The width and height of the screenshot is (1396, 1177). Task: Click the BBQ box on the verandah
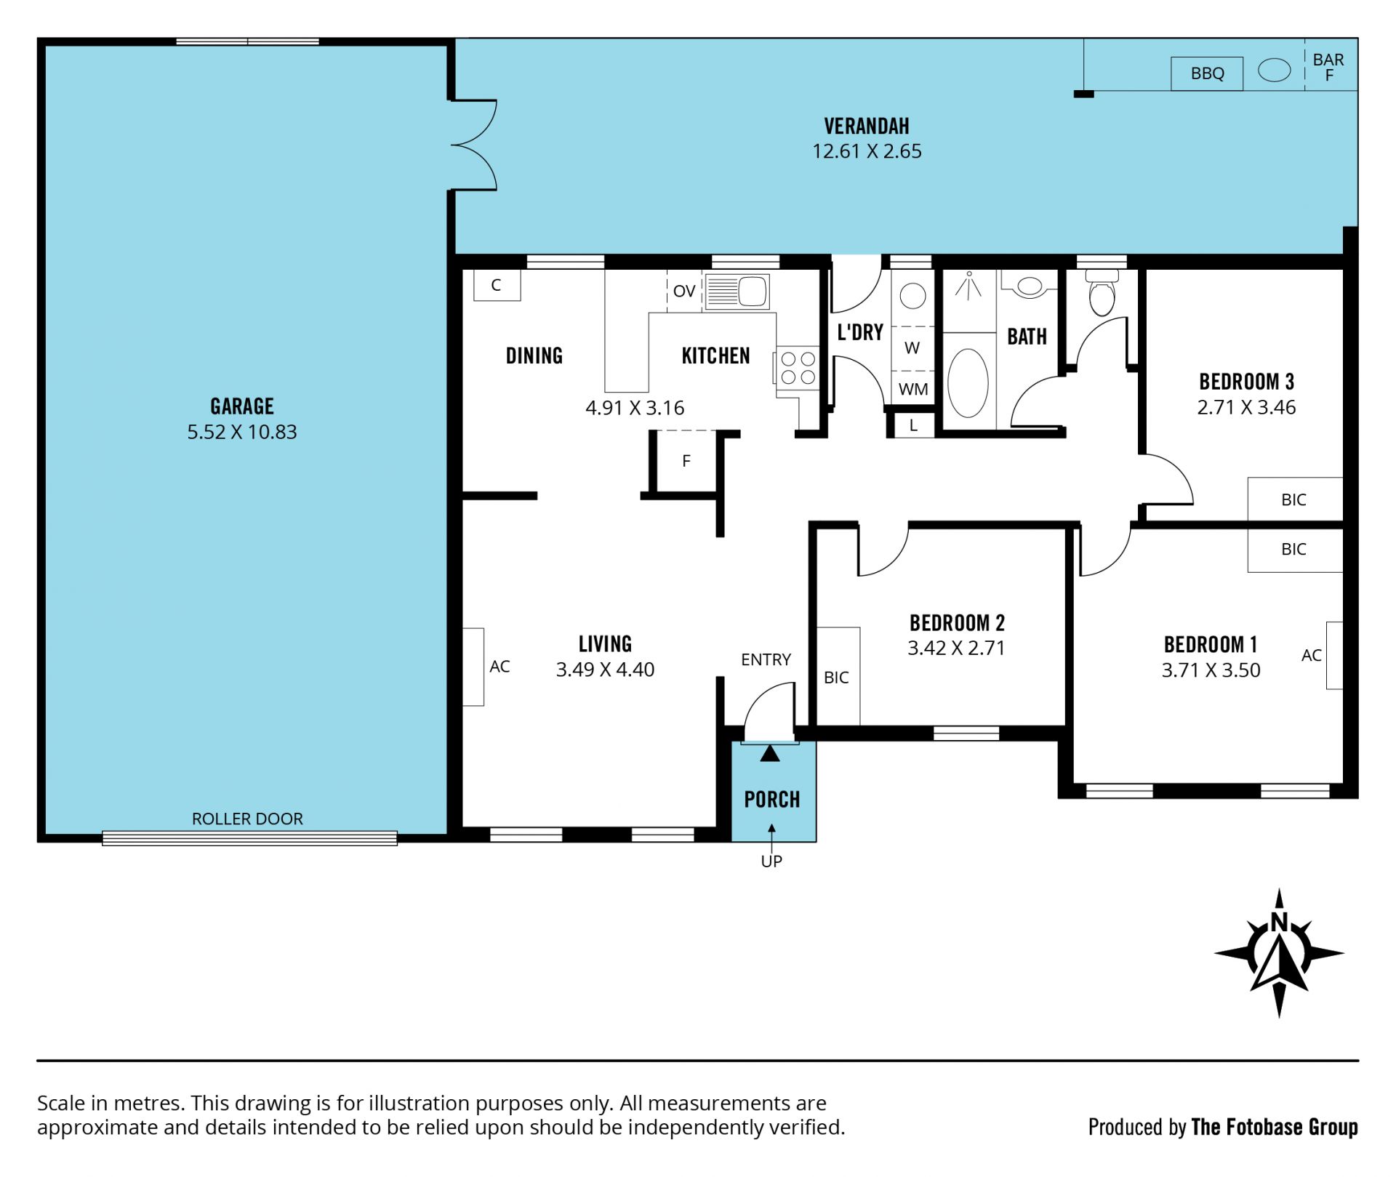point(1207,73)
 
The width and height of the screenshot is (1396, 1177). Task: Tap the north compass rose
point(1279,953)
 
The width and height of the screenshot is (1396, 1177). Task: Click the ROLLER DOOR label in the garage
point(247,819)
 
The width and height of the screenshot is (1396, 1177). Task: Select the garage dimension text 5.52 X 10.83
point(242,432)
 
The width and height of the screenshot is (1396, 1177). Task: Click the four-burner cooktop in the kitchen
point(798,368)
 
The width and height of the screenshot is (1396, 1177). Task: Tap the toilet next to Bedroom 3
point(1102,292)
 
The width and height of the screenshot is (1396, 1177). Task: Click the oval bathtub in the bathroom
point(968,382)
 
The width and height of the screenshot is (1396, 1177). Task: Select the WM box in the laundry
point(913,389)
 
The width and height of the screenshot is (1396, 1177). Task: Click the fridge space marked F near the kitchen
point(686,461)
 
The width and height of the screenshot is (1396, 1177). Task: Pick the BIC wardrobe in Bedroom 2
point(838,676)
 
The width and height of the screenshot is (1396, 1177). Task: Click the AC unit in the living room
point(473,667)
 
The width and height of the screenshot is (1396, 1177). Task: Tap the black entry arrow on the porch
point(770,754)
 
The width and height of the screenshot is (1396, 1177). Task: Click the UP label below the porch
point(771,861)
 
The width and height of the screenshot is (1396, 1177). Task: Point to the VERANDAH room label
point(867,126)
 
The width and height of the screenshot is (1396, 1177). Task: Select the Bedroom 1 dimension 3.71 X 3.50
point(1211,670)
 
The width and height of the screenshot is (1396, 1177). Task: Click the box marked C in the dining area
point(497,285)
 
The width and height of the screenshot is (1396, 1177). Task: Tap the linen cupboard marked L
point(913,425)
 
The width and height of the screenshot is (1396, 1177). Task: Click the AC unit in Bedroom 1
point(1334,655)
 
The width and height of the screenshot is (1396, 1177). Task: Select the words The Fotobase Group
point(1275,1128)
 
